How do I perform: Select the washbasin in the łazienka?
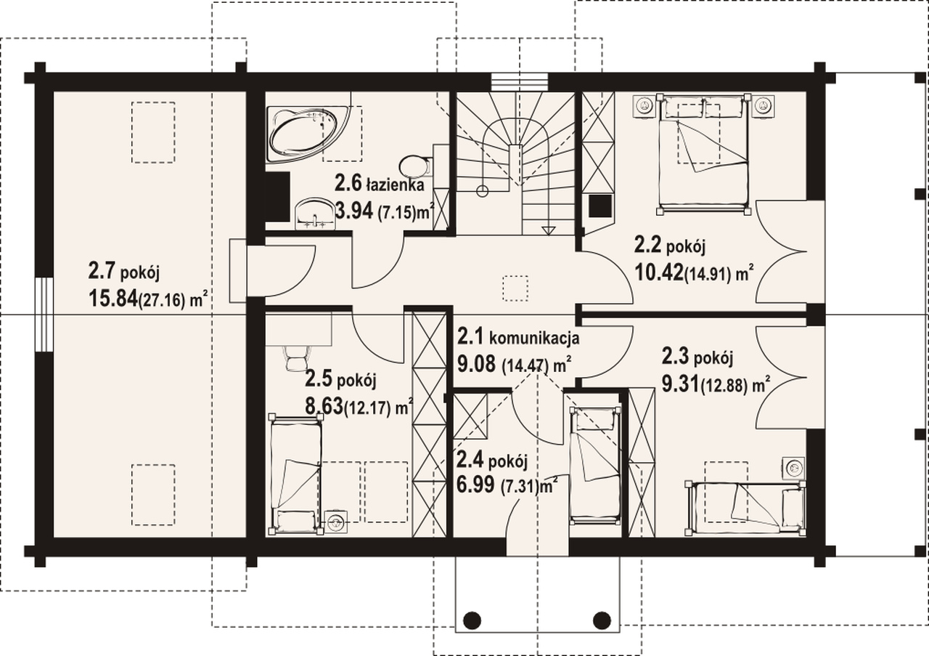click(x=315, y=214)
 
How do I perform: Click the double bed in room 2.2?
click(x=703, y=154)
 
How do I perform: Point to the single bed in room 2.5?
click(x=296, y=474)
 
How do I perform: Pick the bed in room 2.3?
click(x=745, y=507)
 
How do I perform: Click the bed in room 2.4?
click(x=596, y=466)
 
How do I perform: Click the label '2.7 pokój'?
click(x=123, y=271)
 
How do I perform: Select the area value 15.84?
click(x=112, y=298)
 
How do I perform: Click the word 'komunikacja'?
click(x=534, y=338)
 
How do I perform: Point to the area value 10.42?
click(x=658, y=272)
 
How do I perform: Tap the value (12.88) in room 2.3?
click(x=724, y=386)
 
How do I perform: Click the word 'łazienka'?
click(x=396, y=185)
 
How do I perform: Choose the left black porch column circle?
click(x=472, y=620)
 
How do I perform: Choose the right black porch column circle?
click(x=602, y=620)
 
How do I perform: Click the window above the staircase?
click(x=520, y=82)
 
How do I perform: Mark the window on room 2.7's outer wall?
click(x=44, y=315)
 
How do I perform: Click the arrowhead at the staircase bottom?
click(x=548, y=230)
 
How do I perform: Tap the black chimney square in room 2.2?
click(x=600, y=206)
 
